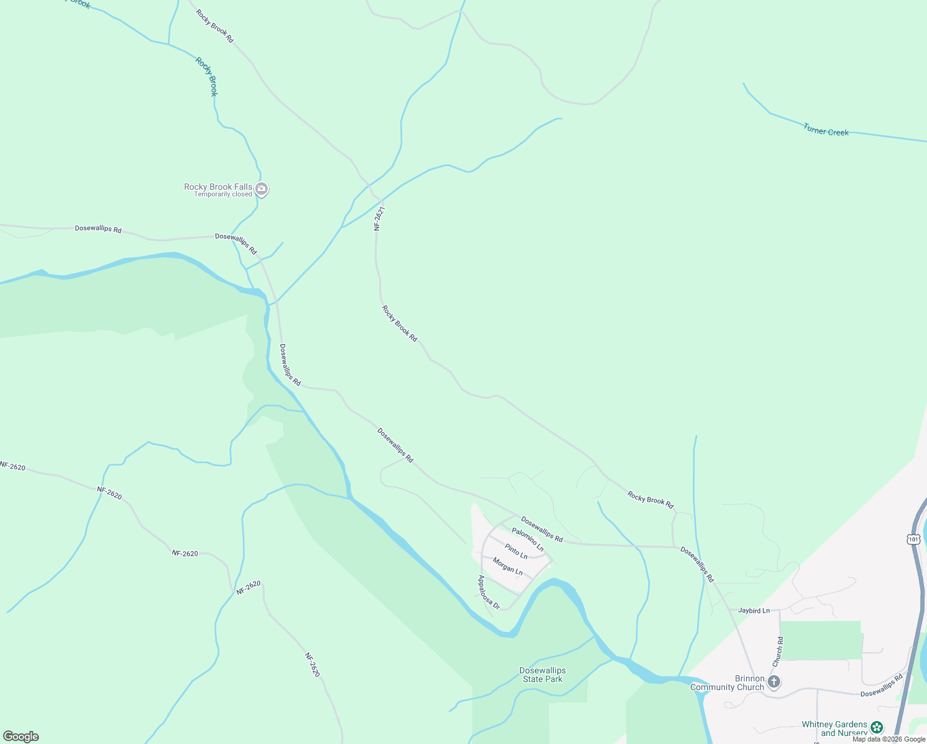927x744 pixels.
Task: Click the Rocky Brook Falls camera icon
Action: [x=261, y=188]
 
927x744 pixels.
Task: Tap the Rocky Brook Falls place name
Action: [x=218, y=187]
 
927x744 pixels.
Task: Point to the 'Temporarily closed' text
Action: [x=223, y=195]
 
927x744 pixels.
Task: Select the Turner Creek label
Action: [x=825, y=130]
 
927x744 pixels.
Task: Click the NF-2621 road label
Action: [x=379, y=219]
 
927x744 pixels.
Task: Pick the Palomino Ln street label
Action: [x=527, y=539]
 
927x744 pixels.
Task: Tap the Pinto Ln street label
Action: [x=516, y=551]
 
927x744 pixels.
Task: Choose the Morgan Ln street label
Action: [x=507, y=566]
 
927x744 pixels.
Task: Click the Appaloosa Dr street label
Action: [x=488, y=592]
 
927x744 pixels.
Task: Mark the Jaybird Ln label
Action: [x=753, y=611]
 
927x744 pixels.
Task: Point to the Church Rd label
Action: [x=778, y=652]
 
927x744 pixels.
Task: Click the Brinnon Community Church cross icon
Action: [x=773, y=682]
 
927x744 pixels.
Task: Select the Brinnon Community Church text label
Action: [x=727, y=683]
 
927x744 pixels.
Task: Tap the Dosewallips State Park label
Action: [x=542, y=675]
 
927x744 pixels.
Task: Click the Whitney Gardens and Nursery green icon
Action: [x=876, y=727]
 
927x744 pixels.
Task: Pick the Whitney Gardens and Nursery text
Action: [x=834, y=728]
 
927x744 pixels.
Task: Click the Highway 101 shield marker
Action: [x=913, y=539]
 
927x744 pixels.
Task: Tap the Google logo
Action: [x=21, y=737]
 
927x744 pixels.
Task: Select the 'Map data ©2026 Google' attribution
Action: [x=889, y=739]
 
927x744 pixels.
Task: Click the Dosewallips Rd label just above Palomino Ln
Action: [x=542, y=529]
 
